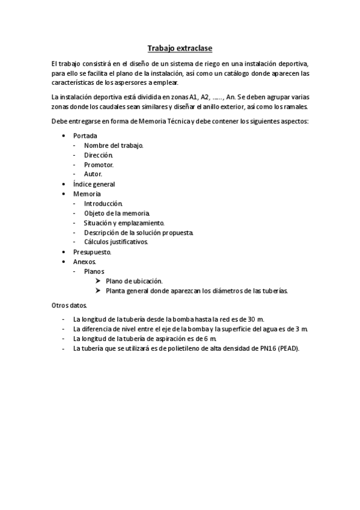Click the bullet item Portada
pyautogui.click(x=85, y=136)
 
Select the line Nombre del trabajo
pyautogui.click(x=114, y=146)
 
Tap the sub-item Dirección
pyautogui.click(x=98, y=155)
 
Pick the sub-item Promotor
pyautogui.click(x=99, y=165)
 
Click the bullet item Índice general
pyautogui.click(x=94, y=184)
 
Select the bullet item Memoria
pyautogui.click(x=87, y=194)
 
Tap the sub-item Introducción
pyautogui.click(x=103, y=203)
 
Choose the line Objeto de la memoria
pyautogui.click(x=117, y=213)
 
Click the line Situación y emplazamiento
pyautogui.click(x=124, y=223)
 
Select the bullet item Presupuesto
pyautogui.click(x=92, y=252)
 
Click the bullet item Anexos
pyautogui.click(x=85, y=262)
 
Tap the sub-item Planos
pyautogui.click(x=94, y=271)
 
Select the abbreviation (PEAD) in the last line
pyautogui.click(x=288, y=348)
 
